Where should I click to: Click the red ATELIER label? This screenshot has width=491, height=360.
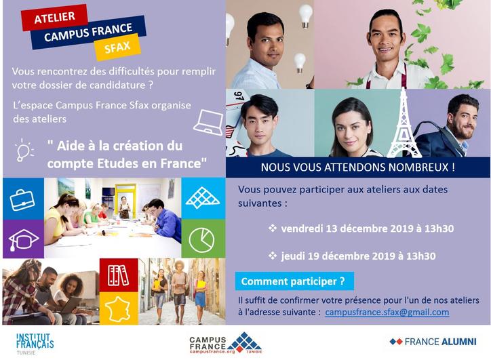[x=54, y=18]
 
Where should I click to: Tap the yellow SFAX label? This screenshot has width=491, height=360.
[x=117, y=47]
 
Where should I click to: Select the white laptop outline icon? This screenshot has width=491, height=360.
[x=208, y=122]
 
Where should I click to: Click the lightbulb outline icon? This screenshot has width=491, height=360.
[x=24, y=151]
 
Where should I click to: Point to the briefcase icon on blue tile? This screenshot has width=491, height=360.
[x=22, y=201]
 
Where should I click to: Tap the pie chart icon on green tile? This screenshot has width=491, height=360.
[x=201, y=240]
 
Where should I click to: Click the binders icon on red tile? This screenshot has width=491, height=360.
[x=118, y=275]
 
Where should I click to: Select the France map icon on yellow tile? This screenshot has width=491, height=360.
[x=118, y=309]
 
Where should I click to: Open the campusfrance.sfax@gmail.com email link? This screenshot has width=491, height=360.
[x=387, y=313]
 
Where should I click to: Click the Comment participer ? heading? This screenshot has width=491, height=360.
[x=293, y=281]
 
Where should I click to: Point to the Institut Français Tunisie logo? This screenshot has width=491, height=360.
[x=35, y=344]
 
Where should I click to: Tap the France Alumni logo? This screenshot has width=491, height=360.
[x=433, y=342]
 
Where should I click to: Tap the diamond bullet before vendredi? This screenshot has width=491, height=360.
[x=273, y=228]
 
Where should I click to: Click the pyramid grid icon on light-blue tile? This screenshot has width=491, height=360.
[x=203, y=198]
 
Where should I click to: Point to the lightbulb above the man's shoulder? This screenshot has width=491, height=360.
[x=300, y=63]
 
